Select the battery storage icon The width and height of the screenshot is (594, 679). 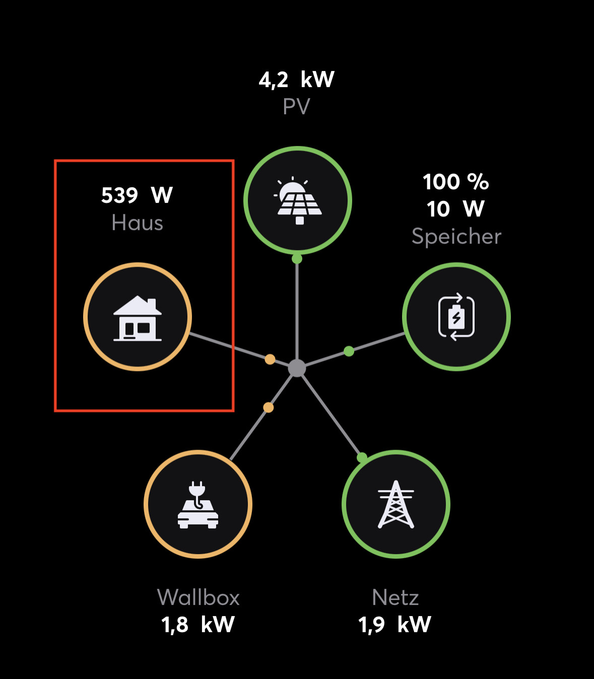[456, 317]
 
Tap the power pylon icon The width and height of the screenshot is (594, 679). [396, 504]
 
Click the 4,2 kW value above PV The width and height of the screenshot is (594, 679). [296, 80]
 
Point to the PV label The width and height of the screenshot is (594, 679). [296, 107]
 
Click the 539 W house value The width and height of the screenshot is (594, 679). [137, 195]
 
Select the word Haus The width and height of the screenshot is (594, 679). [137, 222]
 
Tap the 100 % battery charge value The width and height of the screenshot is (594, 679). [456, 182]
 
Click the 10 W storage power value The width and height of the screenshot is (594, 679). [456, 209]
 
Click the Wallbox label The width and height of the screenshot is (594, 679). [198, 597]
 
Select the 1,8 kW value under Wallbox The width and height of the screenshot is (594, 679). [198, 625]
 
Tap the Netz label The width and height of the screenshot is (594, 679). [395, 597]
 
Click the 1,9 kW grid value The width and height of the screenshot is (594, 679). [395, 625]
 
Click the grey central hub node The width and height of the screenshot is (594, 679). [297, 368]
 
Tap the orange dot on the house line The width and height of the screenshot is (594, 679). [270, 359]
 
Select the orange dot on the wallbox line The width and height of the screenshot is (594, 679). [269, 407]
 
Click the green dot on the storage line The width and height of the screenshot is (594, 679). [349, 351]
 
